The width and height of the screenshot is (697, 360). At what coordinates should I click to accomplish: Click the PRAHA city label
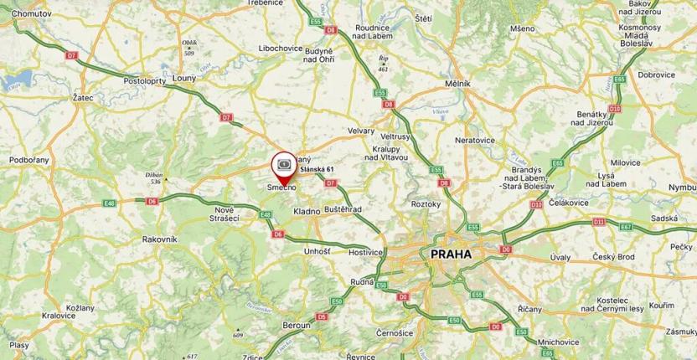pyautogui.click(x=450, y=254)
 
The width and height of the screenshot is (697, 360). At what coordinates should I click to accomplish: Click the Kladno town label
pyautogui.click(x=307, y=211)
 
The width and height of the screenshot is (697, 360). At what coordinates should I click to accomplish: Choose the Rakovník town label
pyautogui.click(x=159, y=239)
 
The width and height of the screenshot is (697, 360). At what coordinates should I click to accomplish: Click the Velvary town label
pyautogui.click(x=361, y=131)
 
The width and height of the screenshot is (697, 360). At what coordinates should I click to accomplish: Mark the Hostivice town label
pyautogui.click(x=365, y=250)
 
